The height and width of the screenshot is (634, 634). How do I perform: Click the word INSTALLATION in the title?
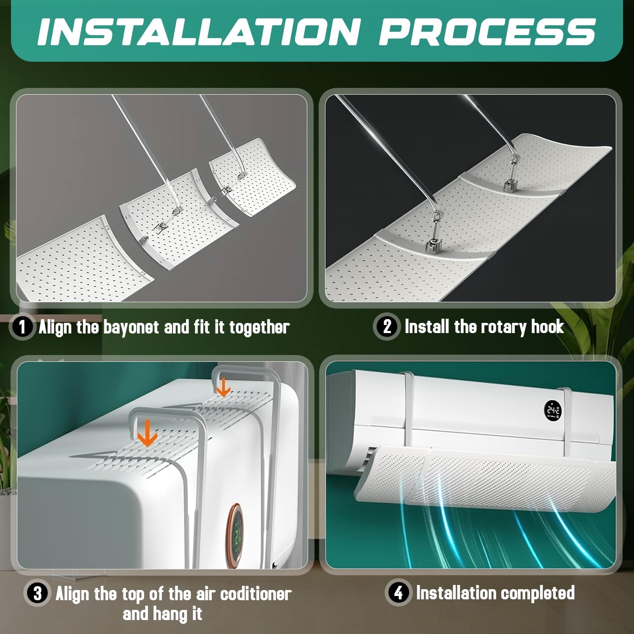tap(199, 32)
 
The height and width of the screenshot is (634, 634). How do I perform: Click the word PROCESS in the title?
tap(487, 32)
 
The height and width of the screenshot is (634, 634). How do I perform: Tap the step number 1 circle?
tap(22, 327)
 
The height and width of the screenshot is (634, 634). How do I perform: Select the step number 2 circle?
tap(387, 326)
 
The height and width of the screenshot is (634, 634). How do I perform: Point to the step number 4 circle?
tap(398, 593)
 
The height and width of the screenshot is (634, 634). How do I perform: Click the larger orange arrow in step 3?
tap(148, 433)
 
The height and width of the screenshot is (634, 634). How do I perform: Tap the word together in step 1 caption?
tap(260, 328)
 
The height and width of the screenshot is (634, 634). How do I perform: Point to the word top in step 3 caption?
tap(133, 595)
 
